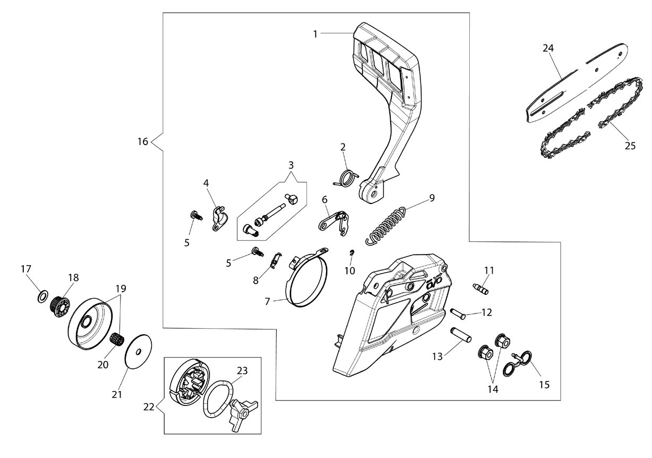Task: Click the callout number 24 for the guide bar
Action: (548, 48)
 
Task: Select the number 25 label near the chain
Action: (630, 146)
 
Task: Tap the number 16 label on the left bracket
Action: (143, 141)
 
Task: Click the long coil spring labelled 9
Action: (385, 225)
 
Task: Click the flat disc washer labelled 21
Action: (138, 352)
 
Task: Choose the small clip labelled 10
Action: (352, 252)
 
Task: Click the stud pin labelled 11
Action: (480, 290)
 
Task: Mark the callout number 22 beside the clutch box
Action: (149, 406)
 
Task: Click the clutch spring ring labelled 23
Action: (218, 398)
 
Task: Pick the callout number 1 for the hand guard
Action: (315, 34)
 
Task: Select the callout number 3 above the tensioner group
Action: (291, 165)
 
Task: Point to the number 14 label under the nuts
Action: (493, 389)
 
